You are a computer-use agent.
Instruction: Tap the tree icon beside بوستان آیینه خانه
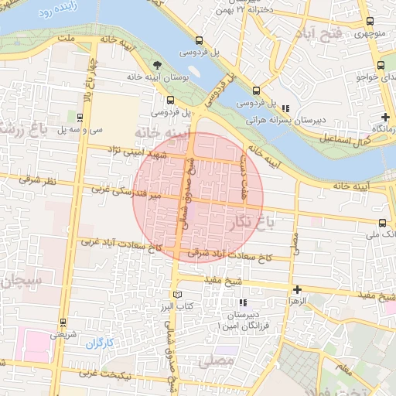click(x=158, y=63)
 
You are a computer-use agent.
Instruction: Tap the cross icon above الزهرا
click(x=297, y=289)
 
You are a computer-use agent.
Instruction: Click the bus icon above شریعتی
click(x=63, y=324)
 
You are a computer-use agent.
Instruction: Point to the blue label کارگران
click(x=99, y=341)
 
